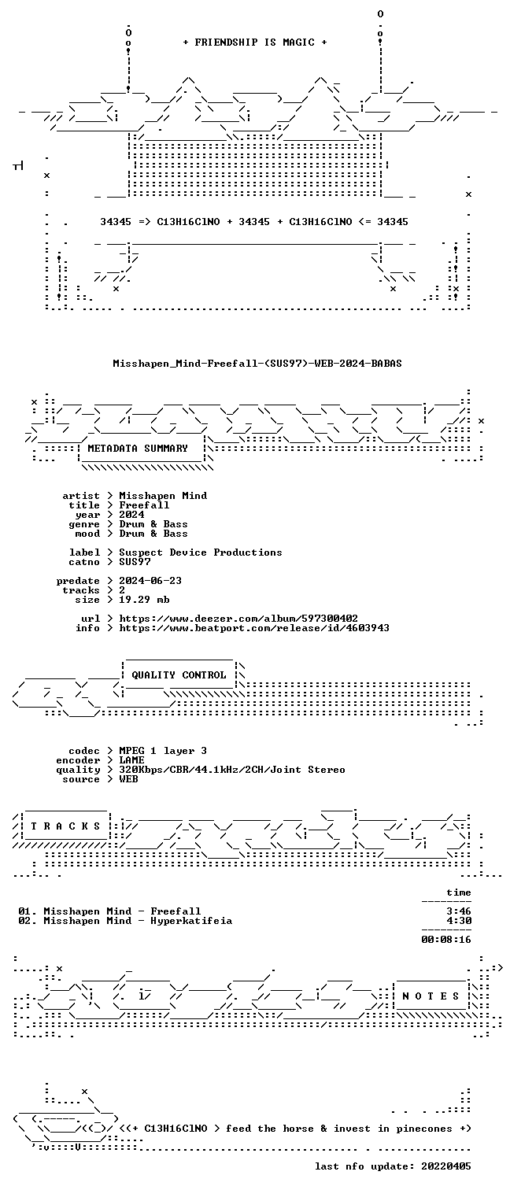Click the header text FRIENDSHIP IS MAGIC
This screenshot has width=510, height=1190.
click(x=255, y=42)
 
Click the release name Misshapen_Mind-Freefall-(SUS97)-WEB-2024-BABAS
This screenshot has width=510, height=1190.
click(x=257, y=364)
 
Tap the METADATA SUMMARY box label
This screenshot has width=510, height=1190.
click(x=138, y=449)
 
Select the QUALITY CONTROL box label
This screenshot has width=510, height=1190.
click(x=179, y=675)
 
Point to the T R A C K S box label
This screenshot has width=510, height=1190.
click(x=65, y=826)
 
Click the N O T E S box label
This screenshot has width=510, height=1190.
click(x=431, y=996)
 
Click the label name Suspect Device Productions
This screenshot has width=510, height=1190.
click(x=200, y=552)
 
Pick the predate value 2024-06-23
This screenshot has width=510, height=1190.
click(x=150, y=581)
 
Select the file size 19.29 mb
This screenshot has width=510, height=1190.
click(x=144, y=600)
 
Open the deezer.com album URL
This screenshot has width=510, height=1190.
click(x=238, y=619)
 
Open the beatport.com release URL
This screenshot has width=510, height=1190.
click(x=254, y=628)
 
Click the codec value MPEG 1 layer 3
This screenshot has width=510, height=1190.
click(x=163, y=751)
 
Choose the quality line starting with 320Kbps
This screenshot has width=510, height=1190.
click(x=231, y=770)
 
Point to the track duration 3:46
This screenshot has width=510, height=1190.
click(x=459, y=911)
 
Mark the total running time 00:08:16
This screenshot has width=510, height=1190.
click(x=446, y=939)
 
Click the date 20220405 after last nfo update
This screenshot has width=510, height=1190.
click(x=446, y=1166)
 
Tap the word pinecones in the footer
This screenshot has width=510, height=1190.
click(x=424, y=1129)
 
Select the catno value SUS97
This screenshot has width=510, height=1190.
click(x=135, y=562)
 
